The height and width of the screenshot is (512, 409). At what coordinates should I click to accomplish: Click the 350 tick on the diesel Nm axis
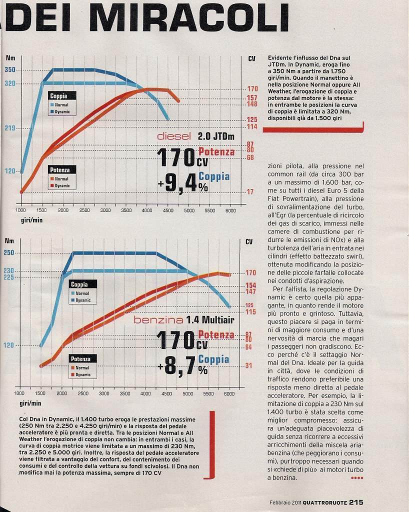click(x=10, y=70)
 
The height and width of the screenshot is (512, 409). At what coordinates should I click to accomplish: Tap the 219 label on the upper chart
click(x=10, y=128)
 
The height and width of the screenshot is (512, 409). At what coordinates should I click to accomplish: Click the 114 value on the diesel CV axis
click(x=252, y=127)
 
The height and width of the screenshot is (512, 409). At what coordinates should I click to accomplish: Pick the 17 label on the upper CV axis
click(x=250, y=192)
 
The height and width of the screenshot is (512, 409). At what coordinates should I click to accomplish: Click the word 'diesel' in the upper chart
click(x=174, y=136)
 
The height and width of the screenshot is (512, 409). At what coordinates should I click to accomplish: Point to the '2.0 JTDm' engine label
click(x=216, y=136)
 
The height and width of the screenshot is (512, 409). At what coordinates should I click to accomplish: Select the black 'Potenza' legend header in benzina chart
click(x=80, y=358)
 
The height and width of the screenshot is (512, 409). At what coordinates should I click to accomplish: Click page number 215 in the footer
click(x=355, y=502)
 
